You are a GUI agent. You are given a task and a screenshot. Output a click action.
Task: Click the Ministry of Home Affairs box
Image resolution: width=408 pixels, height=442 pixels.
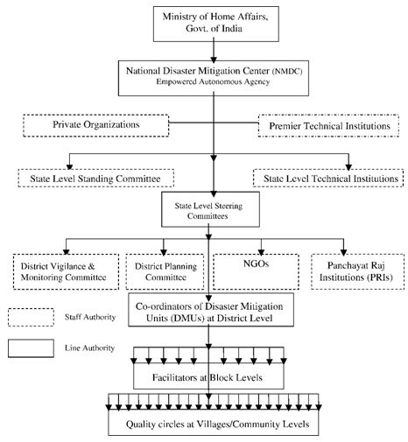pyautogui.click(x=216, y=24)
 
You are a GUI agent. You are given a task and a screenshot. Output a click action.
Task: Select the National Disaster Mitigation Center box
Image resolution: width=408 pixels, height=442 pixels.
pyautogui.click(x=214, y=78)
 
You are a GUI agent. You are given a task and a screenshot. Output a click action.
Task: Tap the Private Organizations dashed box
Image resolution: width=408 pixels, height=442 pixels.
pyautogui.click(x=95, y=125)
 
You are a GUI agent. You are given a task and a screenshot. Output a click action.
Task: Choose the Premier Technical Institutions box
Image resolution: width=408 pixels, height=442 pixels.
pyautogui.click(x=328, y=126)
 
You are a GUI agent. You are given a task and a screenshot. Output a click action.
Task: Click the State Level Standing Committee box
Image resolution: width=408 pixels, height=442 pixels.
pyautogui.click(x=95, y=178)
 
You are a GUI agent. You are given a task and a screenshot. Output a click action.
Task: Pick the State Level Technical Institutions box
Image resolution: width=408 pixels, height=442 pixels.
pyautogui.click(x=328, y=178)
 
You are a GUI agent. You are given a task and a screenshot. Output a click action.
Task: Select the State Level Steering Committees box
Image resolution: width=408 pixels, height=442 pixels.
pyautogui.click(x=210, y=209)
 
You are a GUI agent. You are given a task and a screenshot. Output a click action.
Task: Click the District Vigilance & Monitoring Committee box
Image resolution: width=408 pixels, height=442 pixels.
pyautogui.click(x=66, y=271)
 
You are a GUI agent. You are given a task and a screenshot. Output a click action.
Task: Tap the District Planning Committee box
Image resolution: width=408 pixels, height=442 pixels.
pyautogui.click(x=165, y=271)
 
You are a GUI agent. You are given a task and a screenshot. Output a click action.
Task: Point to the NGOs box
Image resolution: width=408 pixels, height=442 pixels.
pyautogui.click(x=256, y=271)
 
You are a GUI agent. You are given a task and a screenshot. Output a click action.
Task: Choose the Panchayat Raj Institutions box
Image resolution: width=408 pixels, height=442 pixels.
pyautogui.click(x=357, y=271)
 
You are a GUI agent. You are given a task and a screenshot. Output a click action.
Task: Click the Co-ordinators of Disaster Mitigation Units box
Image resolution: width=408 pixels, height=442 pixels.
pyautogui.click(x=211, y=310)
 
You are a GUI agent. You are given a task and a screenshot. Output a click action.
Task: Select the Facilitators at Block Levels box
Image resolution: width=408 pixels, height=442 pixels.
pyautogui.click(x=208, y=375)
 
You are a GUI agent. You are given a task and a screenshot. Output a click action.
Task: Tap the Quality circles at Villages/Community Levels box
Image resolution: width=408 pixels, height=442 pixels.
pyautogui.click(x=214, y=423)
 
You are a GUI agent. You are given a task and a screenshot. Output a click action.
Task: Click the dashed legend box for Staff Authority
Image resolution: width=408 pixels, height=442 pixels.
pyautogui.click(x=31, y=317)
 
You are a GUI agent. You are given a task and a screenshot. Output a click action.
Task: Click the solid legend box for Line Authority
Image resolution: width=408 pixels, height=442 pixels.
pyautogui.click(x=31, y=348)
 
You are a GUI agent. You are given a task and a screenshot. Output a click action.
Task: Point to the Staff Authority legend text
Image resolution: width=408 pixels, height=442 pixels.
pyautogui.click(x=90, y=317)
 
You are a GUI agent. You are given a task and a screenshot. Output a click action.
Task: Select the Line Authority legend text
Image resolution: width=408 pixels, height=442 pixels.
pyautogui.click(x=89, y=347)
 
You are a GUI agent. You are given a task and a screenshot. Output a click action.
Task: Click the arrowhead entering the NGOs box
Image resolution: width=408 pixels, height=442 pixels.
pyautogui.click(x=261, y=252)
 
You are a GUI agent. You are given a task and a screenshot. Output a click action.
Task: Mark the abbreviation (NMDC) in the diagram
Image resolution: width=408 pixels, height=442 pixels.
pyautogui.click(x=287, y=71)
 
